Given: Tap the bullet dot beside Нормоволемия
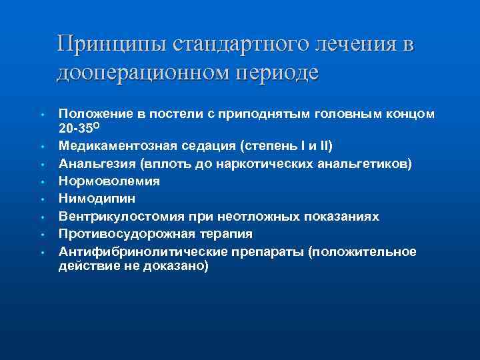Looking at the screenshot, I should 41,181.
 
